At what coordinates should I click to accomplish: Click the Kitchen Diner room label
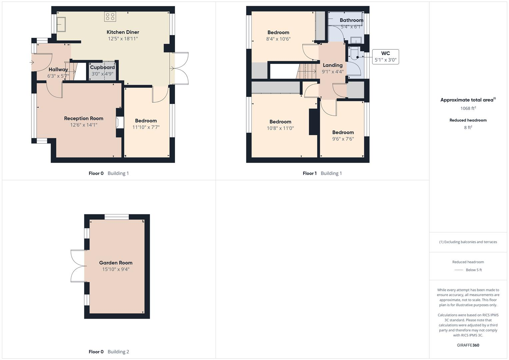pos(123,32)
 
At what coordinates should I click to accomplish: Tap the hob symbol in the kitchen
pos(110,17)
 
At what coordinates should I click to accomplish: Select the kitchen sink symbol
pos(61,24)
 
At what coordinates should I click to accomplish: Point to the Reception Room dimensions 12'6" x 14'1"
pos(84,125)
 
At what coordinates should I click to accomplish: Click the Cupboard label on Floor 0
pos(102,67)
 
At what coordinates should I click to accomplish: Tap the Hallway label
pos(58,70)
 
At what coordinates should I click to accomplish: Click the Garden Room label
pos(116,263)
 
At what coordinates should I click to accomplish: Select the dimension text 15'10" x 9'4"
pos(116,269)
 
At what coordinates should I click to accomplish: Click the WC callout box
pos(385,57)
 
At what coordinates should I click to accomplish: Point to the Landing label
pos(333,65)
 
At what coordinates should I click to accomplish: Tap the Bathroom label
pos(351,20)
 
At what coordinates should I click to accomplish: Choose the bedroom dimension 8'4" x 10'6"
pos(278,39)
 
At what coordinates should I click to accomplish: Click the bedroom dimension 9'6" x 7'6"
pos(343,139)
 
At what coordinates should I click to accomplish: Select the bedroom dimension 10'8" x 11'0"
pos(280,128)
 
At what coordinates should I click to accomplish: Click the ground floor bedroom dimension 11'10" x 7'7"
pos(146,127)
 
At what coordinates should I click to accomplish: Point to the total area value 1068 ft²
pos(468,108)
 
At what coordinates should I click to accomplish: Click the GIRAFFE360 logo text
pos(468,345)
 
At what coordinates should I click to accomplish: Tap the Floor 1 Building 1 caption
pos(322,173)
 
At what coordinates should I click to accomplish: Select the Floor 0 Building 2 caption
pos(109,352)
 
